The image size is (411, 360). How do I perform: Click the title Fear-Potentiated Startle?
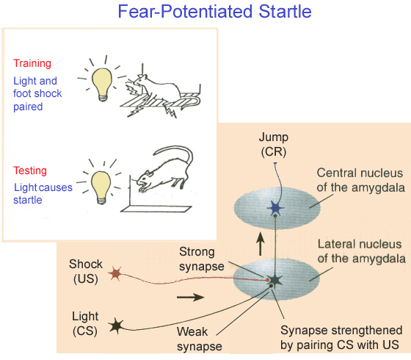tap(214, 12)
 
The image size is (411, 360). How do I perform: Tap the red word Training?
tap(32, 63)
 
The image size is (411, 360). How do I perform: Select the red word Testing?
tap(30, 170)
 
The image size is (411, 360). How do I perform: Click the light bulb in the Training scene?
tap(102, 84)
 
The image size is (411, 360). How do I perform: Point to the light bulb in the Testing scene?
tap(101, 187)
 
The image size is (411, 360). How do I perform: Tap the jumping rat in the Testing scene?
tap(164, 168)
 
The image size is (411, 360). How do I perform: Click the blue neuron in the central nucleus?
tap(275, 209)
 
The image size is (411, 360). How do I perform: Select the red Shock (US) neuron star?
tap(115, 273)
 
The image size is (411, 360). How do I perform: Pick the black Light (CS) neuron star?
tap(116, 325)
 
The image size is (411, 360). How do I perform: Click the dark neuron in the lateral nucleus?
tap(274, 281)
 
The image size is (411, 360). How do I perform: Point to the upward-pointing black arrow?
tap(260, 244)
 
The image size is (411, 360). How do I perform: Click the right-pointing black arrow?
tap(191, 297)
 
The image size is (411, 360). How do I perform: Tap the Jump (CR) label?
tap(274, 144)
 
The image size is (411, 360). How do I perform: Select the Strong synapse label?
tap(202, 259)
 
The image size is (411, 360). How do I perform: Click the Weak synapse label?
tap(200, 339)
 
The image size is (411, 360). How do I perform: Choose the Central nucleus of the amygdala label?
tap(360, 180)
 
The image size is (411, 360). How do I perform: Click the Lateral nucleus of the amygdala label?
tap(361, 251)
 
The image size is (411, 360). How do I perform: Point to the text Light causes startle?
tap(43, 194)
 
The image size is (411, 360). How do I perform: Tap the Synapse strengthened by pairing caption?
tap(341, 337)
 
